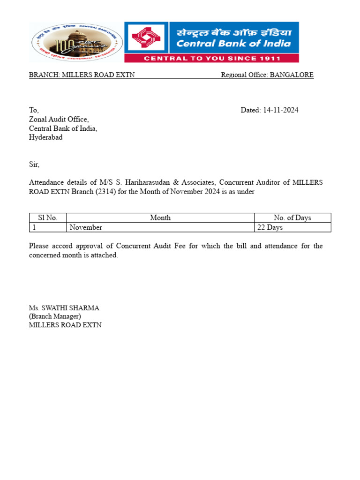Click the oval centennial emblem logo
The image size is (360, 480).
[x=77, y=43]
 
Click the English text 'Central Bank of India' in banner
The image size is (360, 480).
[x=233, y=44]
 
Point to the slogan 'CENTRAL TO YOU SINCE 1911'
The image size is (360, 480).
[x=212, y=59]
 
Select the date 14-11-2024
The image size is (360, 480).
[x=280, y=110]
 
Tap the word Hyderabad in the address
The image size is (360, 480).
[x=46, y=137]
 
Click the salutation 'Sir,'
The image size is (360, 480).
[x=34, y=165]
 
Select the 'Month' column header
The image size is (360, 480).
[x=160, y=217]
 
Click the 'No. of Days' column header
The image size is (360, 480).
[x=292, y=217]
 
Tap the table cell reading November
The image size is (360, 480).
[x=86, y=227]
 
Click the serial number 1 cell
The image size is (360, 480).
[x=34, y=227]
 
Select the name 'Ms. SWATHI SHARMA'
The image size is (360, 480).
[x=64, y=308]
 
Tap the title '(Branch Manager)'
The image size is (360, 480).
[x=55, y=316]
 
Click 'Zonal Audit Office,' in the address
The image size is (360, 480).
[x=59, y=120]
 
